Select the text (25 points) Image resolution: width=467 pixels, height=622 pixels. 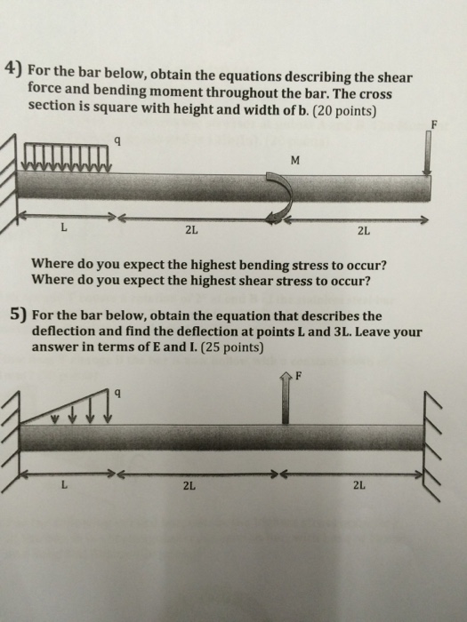point(232,347)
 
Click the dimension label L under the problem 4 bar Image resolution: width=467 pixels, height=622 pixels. point(62,234)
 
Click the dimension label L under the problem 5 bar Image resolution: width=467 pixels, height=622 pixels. point(62,486)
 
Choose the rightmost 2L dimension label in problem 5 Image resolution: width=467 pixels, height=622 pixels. point(359,486)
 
